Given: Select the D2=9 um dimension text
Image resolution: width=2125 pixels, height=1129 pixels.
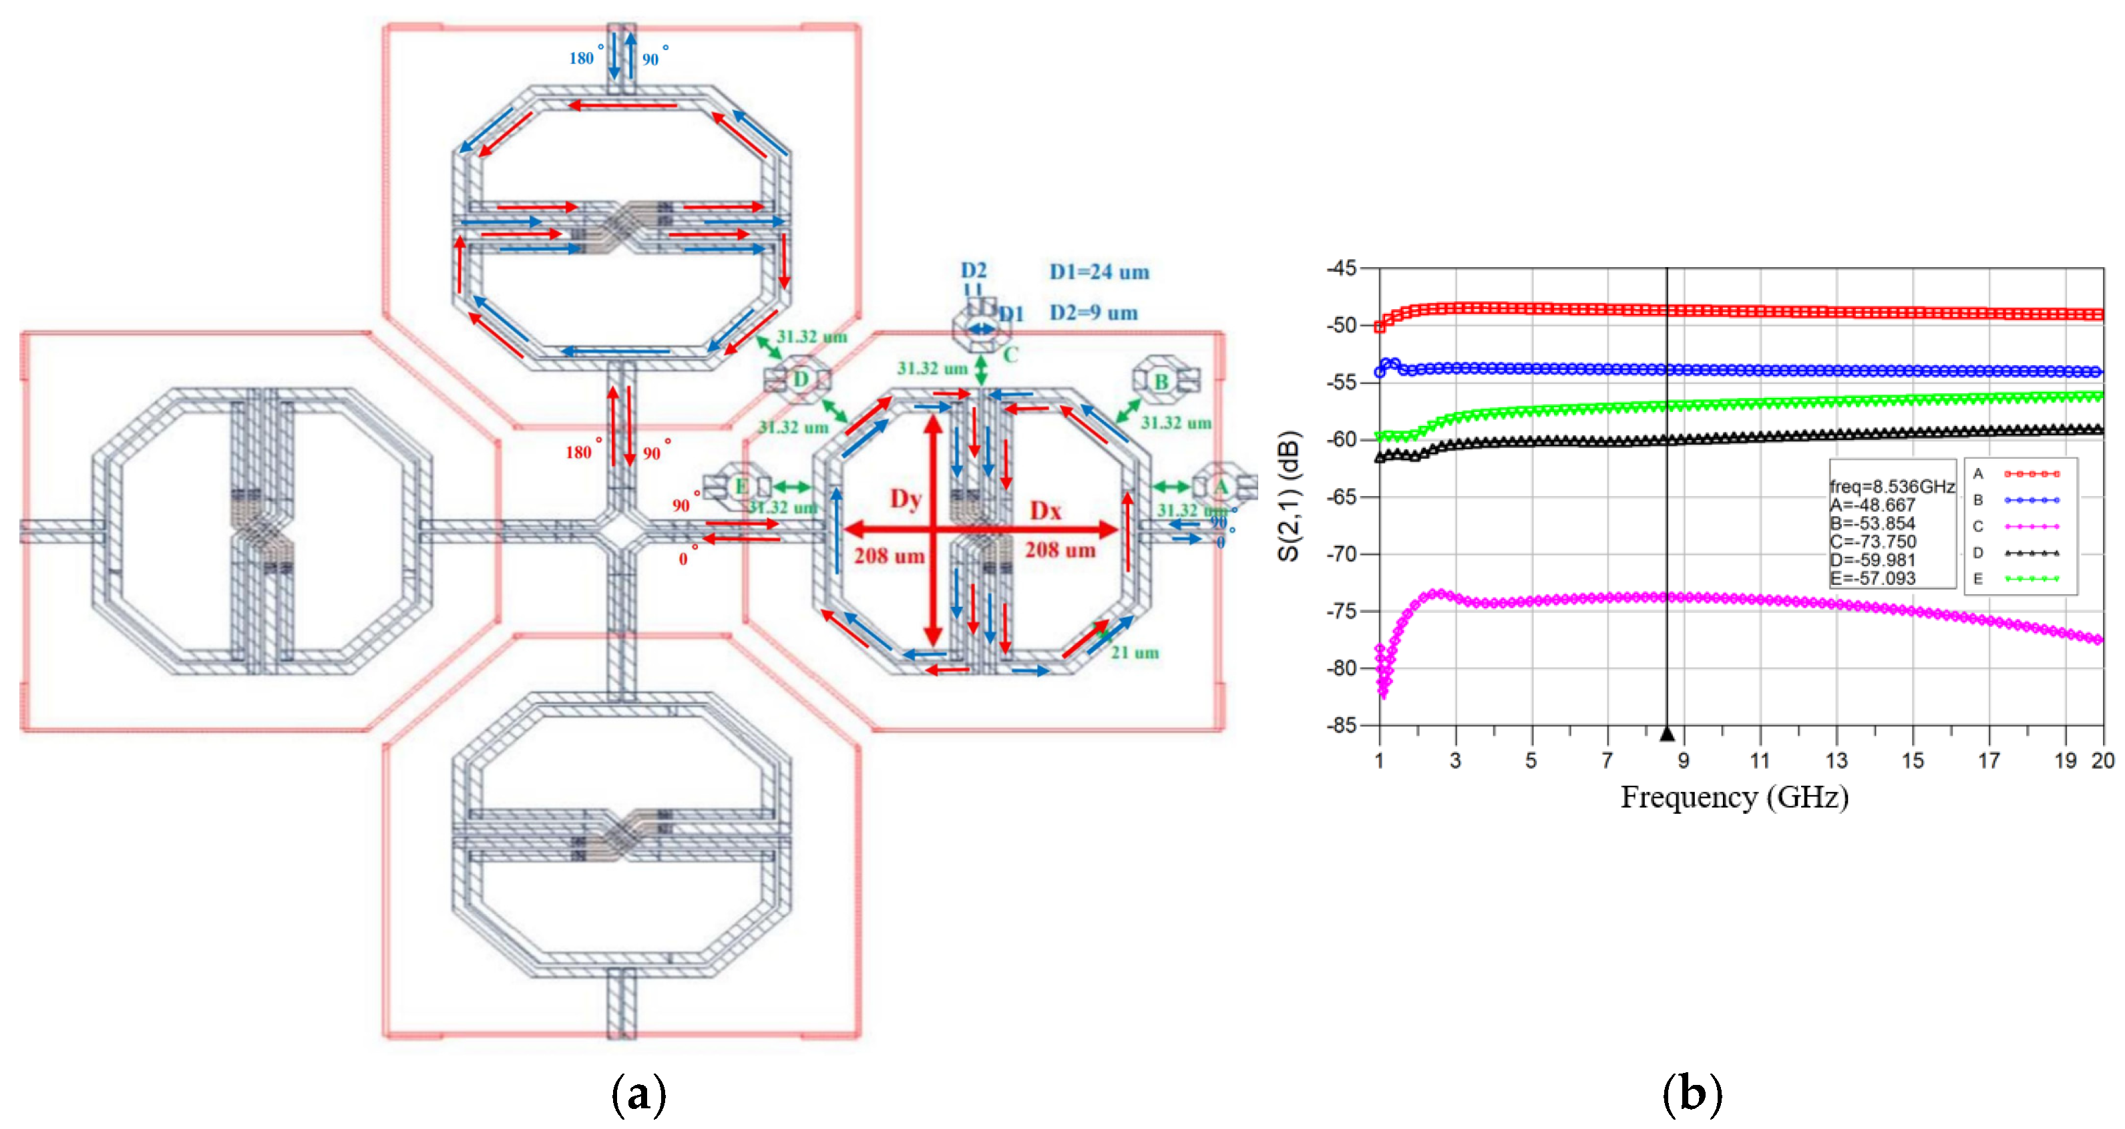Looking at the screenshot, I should click(x=1093, y=312).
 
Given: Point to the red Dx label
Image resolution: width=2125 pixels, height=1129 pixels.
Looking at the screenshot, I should click(x=1045, y=511).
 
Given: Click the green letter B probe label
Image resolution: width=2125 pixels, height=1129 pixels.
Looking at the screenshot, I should click(x=1161, y=382).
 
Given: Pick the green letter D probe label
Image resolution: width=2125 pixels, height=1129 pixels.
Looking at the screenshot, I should click(x=800, y=379).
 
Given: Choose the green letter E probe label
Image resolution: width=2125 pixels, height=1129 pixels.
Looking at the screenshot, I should click(x=741, y=487).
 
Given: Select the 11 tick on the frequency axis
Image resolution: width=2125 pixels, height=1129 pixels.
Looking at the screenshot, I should click(x=1760, y=760).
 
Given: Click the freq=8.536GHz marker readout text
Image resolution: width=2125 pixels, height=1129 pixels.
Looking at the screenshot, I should click(x=1891, y=487).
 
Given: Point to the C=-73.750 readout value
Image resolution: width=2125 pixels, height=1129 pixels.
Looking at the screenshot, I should click(x=1873, y=542).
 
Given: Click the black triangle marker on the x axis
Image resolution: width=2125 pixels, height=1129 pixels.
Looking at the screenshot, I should click(x=1666, y=733).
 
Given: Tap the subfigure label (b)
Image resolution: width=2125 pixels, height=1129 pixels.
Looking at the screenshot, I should click(x=1692, y=1094).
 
